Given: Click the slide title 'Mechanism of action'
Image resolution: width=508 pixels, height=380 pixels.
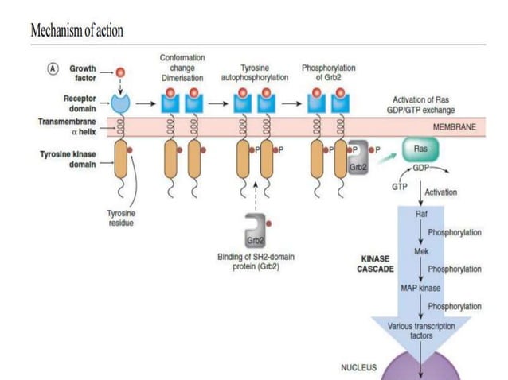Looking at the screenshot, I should [x=76, y=31].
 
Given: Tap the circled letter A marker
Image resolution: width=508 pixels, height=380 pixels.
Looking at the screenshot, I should [x=49, y=69].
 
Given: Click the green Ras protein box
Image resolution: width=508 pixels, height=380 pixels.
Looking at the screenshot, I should [x=420, y=149].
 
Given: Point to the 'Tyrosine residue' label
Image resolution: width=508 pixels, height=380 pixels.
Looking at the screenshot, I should [x=123, y=218].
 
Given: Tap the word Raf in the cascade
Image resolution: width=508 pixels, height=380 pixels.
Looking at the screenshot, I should [x=421, y=215].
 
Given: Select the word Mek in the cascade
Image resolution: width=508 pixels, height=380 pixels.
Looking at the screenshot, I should [x=421, y=250].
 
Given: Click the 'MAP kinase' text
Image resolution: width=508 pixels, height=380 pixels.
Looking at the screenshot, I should [x=421, y=287].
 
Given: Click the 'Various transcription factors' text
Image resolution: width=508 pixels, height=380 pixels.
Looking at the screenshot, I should [x=421, y=331].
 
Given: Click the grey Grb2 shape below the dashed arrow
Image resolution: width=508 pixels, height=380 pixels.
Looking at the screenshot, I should [x=255, y=231].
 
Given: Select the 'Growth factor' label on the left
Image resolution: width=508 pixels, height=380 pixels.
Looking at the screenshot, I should [x=82, y=74].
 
